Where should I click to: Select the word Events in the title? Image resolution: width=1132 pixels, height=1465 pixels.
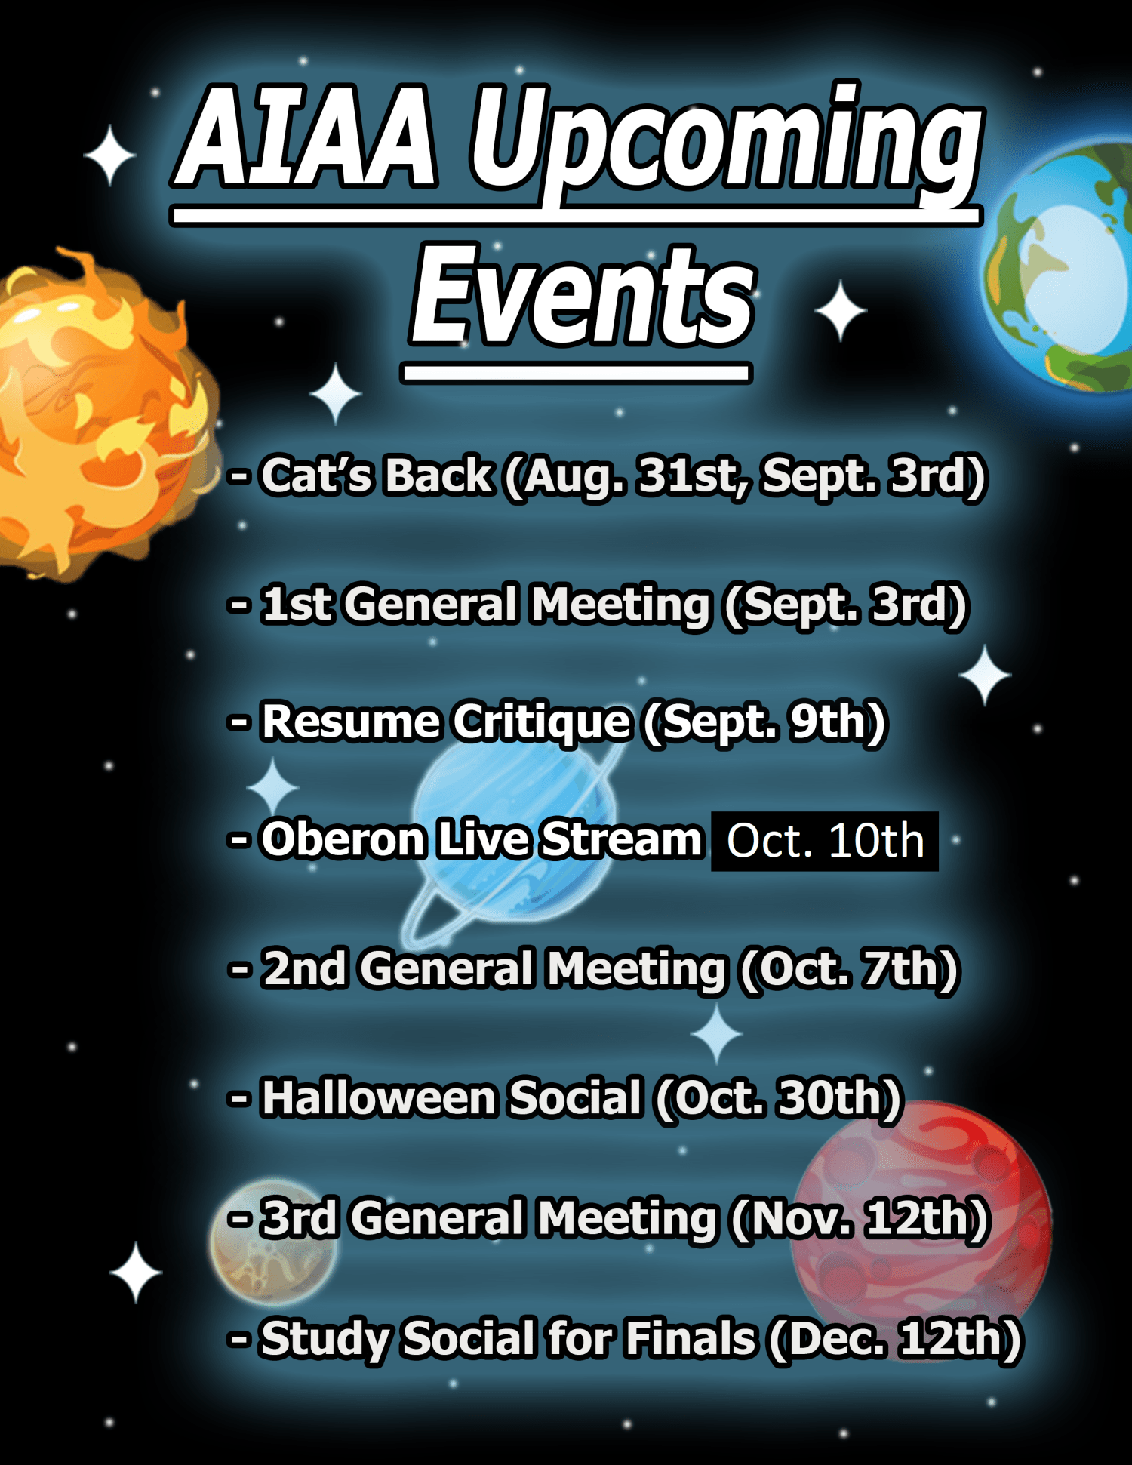(582, 297)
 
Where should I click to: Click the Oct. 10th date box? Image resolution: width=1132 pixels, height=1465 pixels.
(824, 842)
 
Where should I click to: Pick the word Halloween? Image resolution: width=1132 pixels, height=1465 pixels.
(377, 1098)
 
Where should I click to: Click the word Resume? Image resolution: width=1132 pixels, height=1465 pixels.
(350, 722)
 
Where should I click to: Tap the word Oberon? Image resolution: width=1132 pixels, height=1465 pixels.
(343, 840)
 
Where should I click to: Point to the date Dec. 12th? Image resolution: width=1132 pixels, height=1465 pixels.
(894, 1338)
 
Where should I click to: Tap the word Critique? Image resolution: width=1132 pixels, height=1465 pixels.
(540, 722)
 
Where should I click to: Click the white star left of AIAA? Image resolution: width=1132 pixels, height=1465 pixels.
(109, 155)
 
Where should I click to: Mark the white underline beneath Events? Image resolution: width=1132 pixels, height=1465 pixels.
(576, 373)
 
